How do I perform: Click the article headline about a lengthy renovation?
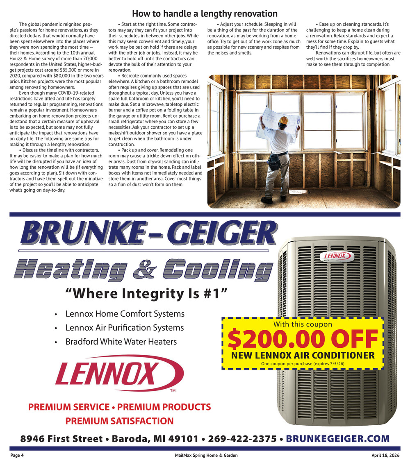(205, 14)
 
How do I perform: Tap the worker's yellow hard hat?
(284, 120)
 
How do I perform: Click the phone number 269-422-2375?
(242, 439)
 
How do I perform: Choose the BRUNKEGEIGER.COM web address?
(337, 439)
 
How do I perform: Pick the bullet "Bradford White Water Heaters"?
(121, 341)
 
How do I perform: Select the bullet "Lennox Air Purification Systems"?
(124, 328)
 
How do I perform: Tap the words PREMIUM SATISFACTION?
(119, 421)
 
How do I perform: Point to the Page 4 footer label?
(18, 456)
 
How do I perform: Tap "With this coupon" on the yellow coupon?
(303, 324)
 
